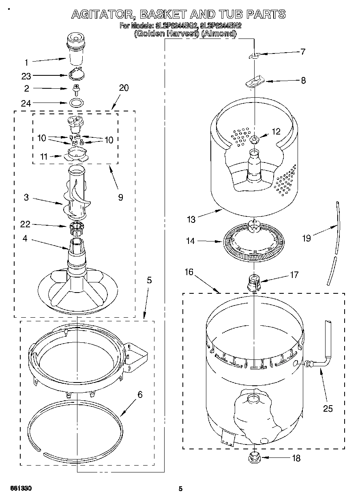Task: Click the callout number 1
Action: [26, 62]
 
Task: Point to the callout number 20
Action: [124, 88]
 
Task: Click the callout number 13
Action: [191, 219]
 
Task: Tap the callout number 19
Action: [306, 238]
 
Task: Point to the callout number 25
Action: [328, 408]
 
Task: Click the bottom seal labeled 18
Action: [255, 458]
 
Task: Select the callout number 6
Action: [140, 394]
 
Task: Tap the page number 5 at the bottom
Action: [181, 489]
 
